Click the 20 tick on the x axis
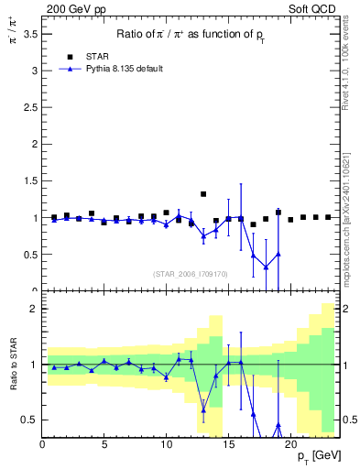pyautogui.click(x=288, y=443)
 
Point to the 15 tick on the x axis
pyautogui.click(x=226, y=443)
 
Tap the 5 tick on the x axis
pyautogui.click(x=104, y=443)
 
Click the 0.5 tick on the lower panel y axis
pyautogui.click(x=30, y=420)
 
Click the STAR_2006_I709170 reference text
pyautogui.click(x=191, y=273)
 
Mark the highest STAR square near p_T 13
pyautogui.click(x=203, y=194)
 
